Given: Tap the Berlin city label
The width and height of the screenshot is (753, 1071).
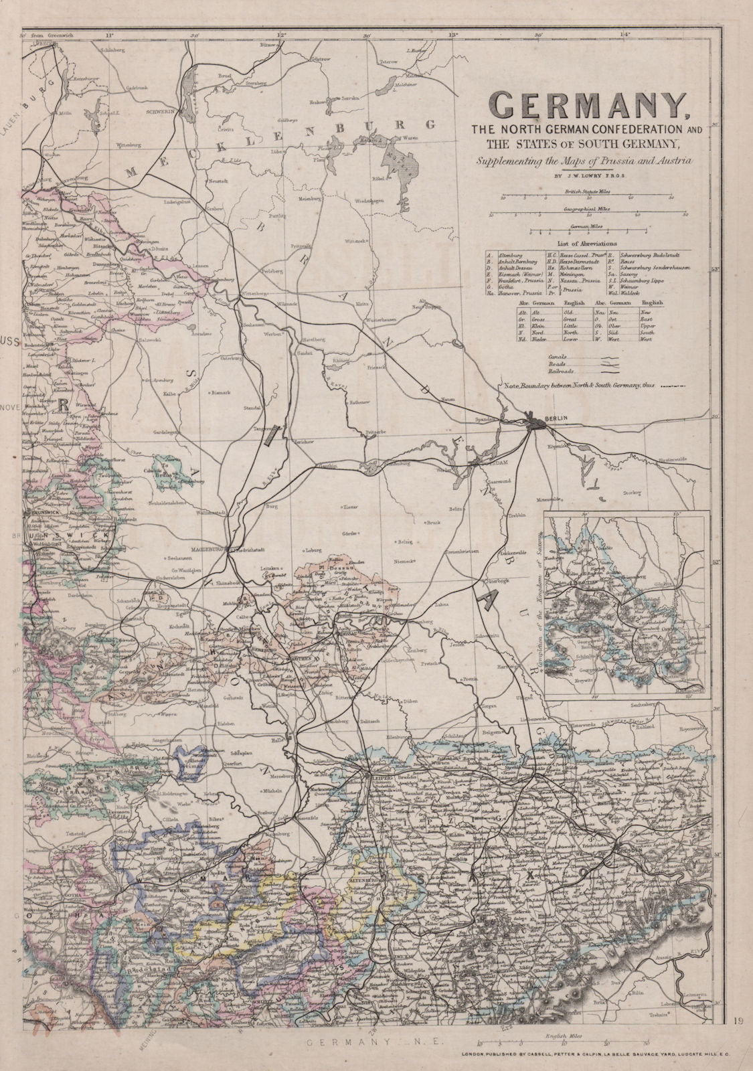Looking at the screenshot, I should point(556,418).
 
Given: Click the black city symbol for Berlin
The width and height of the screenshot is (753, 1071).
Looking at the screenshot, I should point(535,422).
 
